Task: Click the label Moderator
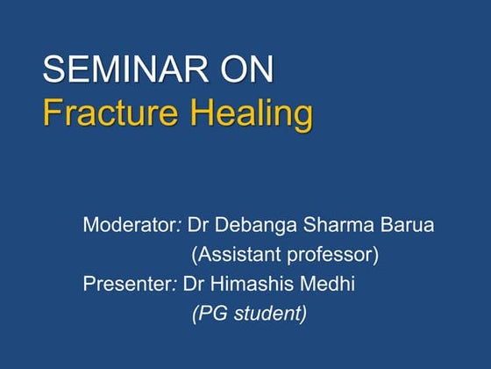coord(130,225)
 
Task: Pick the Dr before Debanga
coord(198,225)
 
